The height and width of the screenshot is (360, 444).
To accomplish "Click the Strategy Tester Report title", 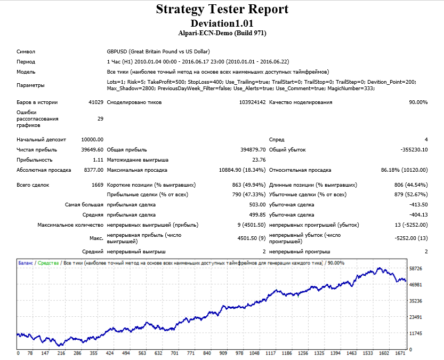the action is [222, 10].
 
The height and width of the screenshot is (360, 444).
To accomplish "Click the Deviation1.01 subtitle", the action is [222, 23].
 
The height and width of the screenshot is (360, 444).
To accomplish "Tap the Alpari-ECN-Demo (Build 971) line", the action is [222, 33].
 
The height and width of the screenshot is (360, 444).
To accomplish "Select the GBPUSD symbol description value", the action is [158, 52].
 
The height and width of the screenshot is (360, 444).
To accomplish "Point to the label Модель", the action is [26, 72].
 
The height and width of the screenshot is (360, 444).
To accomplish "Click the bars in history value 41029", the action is [96, 102].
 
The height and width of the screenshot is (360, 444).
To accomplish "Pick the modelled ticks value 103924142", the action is [252, 102].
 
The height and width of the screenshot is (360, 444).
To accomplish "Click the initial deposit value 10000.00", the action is [92, 140].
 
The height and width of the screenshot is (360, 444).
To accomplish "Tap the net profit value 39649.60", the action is [92, 150].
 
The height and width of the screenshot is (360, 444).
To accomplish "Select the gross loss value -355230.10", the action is [414, 150].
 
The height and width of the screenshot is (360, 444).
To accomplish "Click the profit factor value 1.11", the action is [98, 160].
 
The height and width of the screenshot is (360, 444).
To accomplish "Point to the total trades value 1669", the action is [98, 185].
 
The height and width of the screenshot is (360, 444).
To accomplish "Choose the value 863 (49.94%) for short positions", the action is [249, 185].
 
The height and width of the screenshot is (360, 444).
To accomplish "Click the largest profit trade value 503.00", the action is [257, 205].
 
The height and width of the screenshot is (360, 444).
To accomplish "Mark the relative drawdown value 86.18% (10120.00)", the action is [405, 170].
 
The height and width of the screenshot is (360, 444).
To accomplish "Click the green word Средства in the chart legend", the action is [48, 263].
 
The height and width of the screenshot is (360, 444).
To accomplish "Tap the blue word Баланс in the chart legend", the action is [26, 263].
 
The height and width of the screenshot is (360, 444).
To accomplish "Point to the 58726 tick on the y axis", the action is [416, 268].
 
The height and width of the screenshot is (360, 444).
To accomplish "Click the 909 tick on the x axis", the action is [223, 353].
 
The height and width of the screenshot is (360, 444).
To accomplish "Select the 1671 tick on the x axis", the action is [400, 353].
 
